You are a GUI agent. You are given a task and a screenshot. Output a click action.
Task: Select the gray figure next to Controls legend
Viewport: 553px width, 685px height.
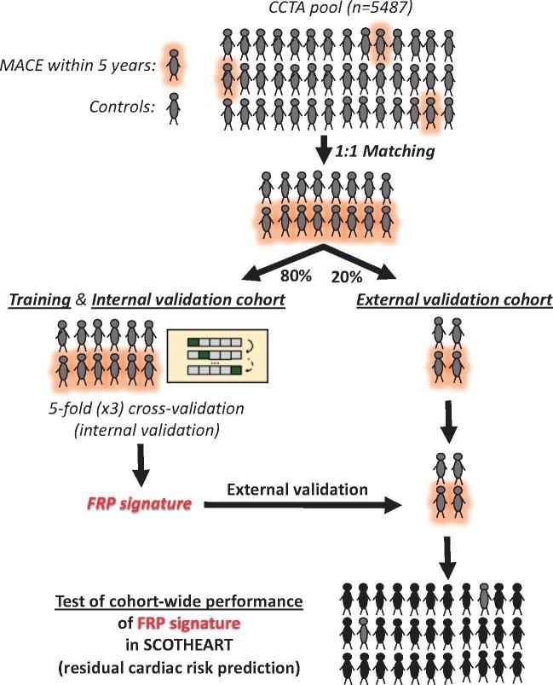174,107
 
